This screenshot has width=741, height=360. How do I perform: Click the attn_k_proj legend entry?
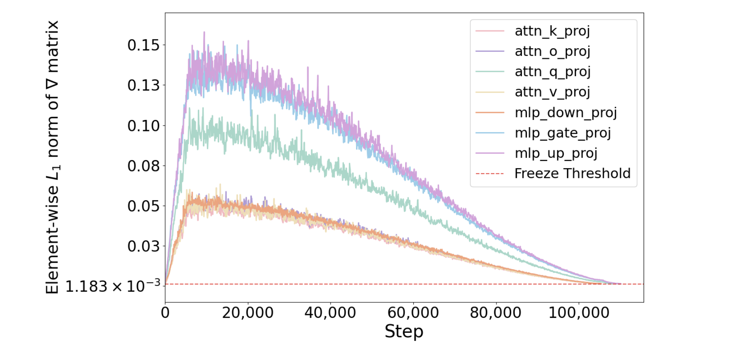pyautogui.click(x=552, y=31)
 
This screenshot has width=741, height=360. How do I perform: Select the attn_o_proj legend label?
pyautogui.click(x=552, y=51)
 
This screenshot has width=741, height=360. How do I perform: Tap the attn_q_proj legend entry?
pyautogui.click(x=552, y=72)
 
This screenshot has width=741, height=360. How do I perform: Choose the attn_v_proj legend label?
pyautogui.click(x=552, y=92)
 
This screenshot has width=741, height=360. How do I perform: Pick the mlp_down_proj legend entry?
pyautogui.click(x=565, y=112)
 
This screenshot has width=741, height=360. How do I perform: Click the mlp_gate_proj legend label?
pyautogui.click(x=563, y=133)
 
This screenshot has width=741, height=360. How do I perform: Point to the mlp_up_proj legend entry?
pyautogui.click(x=556, y=153)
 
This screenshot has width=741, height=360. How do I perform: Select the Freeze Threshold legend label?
pyautogui.click(x=572, y=174)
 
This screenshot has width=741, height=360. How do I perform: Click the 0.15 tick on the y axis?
pyautogui.click(x=144, y=45)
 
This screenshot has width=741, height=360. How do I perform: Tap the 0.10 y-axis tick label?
pyautogui.click(x=144, y=126)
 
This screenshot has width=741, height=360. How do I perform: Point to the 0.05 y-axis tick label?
pyautogui.click(x=144, y=206)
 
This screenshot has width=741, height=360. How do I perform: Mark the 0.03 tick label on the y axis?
pyautogui.click(x=144, y=246)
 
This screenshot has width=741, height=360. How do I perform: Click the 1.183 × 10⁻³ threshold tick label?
pyautogui.click(x=113, y=286)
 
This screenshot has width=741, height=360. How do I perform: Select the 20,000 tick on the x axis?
pyautogui.click(x=248, y=313)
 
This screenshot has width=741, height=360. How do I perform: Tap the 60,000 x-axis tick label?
pyautogui.click(x=413, y=313)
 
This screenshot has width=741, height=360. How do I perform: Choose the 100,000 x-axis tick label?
pyautogui.click(x=579, y=313)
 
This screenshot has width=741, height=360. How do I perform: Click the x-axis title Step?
pyautogui.click(x=404, y=332)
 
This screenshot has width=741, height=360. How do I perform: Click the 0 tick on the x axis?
pyautogui.click(x=165, y=313)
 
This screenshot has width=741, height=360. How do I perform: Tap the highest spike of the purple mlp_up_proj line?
pyautogui.click(x=204, y=32)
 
